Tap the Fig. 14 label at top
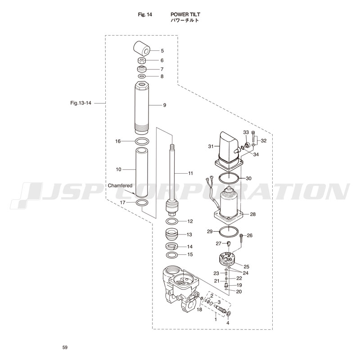click(x=145, y=14)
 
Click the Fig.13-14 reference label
click(x=81, y=103)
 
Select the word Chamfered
click(x=120, y=185)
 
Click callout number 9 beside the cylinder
click(x=165, y=105)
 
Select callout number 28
click(x=252, y=214)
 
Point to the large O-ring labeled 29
click(x=229, y=232)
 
